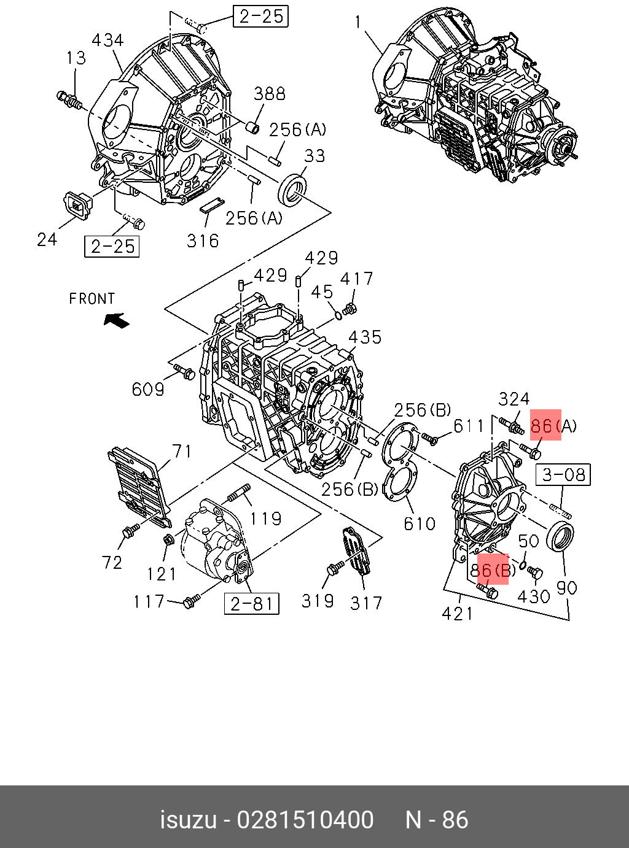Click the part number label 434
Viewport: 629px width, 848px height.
click(x=107, y=41)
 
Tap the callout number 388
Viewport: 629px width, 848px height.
click(x=270, y=94)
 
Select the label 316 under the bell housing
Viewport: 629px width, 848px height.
click(x=203, y=241)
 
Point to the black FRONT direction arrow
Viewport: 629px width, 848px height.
click(x=116, y=320)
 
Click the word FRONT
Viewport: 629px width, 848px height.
click(x=92, y=299)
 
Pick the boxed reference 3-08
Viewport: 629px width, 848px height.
click(x=563, y=474)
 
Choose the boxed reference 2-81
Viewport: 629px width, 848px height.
click(x=251, y=604)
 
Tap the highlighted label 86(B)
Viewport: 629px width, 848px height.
click(x=493, y=571)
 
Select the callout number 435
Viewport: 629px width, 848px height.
click(x=365, y=337)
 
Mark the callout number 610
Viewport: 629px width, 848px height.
click(x=420, y=523)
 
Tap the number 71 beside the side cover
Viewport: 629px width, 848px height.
click(x=182, y=452)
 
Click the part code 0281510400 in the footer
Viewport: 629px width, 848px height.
click(x=305, y=820)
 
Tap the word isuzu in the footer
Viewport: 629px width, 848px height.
click(x=188, y=820)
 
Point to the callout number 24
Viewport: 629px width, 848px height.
click(x=47, y=239)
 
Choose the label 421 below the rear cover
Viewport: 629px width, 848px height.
click(x=458, y=613)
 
